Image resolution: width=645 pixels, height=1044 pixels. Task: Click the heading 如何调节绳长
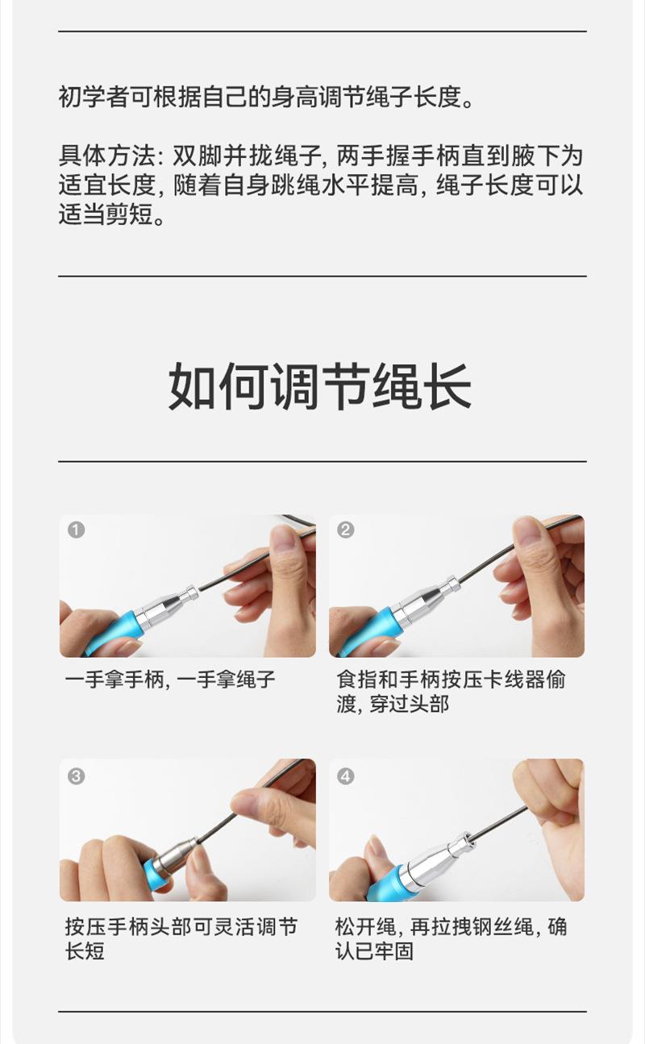point(320,387)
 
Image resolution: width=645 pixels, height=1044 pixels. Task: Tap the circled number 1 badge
point(76,530)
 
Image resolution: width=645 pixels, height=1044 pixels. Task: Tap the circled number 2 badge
point(345,530)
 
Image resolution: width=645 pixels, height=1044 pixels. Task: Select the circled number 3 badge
point(76,776)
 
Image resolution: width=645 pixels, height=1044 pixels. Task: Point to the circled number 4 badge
point(345,776)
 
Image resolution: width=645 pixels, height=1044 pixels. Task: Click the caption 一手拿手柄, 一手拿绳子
point(170,680)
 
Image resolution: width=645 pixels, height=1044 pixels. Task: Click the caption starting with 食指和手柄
point(451,692)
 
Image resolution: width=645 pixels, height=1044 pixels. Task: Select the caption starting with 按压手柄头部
point(181,938)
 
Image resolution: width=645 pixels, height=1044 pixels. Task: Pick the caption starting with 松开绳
point(451,938)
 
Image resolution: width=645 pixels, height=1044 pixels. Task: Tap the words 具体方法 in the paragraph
point(106,156)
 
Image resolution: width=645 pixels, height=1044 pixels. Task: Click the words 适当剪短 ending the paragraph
point(106,214)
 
